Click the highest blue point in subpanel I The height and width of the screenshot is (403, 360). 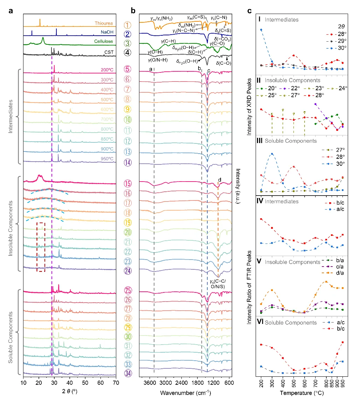point(261,30)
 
